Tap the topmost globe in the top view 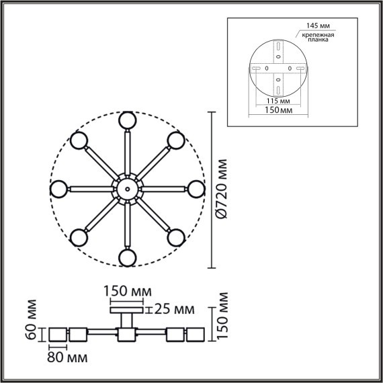click(126, 120)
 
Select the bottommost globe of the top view click(126, 257)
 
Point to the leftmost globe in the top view click(58, 189)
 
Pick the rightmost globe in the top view click(196, 189)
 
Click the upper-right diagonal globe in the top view click(176, 140)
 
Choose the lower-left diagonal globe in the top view click(79, 237)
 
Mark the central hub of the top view click(126, 188)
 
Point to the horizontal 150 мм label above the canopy click(127, 292)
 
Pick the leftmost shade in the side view click(58, 334)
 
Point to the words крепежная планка click(320, 37)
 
